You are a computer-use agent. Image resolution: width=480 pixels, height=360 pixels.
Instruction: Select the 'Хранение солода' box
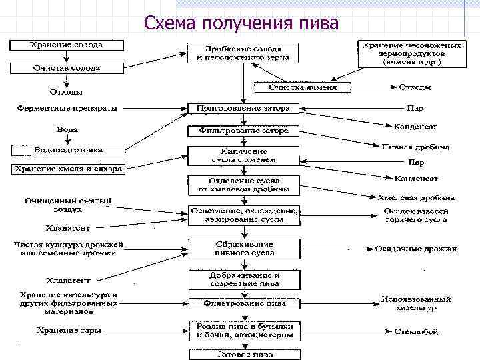point(65,45)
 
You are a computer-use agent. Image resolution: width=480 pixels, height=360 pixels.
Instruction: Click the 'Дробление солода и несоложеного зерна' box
point(243,53)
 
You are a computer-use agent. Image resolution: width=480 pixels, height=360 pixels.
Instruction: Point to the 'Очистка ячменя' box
point(303,87)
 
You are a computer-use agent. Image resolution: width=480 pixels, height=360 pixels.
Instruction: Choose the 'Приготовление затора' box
point(243,108)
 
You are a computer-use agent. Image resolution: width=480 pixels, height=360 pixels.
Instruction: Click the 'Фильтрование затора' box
point(243,131)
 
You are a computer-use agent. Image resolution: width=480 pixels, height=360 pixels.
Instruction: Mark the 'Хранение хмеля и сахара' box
point(67,169)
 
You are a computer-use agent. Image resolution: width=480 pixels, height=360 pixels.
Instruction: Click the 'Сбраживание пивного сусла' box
point(243,249)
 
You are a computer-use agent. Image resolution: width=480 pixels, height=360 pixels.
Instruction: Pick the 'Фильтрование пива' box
point(243,303)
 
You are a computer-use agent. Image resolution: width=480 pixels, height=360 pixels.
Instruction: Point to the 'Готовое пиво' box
point(243,354)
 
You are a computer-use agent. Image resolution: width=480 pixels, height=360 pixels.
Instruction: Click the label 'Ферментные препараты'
point(67,107)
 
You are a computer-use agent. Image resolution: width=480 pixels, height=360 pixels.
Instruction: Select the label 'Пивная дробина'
point(415,147)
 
